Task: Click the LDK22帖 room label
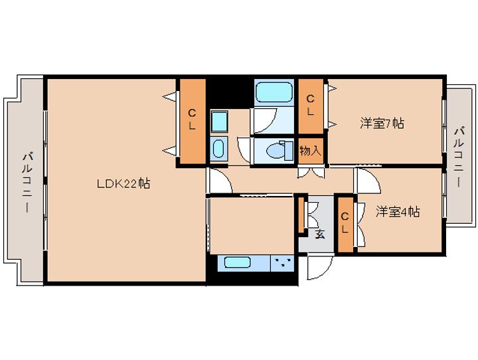(x=123, y=184)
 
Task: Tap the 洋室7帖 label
(x=382, y=124)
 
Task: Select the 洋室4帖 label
(x=398, y=212)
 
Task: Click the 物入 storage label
(x=310, y=150)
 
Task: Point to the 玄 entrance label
(x=320, y=234)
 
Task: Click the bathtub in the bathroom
(x=274, y=92)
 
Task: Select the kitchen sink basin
(x=238, y=262)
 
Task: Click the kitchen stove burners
(x=282, y=263)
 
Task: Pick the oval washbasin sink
(x=218, y=149)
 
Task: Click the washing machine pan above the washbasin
(x=219, y=122)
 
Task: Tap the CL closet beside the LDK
(x=193, y=121)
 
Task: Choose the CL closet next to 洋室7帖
(x=310, y=106)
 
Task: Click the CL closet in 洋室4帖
(x=345, y=225)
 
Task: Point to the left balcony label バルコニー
(x=27, y=183)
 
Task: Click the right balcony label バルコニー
(x=460, y=157)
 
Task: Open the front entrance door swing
(x=320, y=266)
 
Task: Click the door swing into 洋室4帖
(x=368, y=181)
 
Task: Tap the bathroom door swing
(x=264, y=121)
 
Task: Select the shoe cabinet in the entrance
(x=301, y=215)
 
